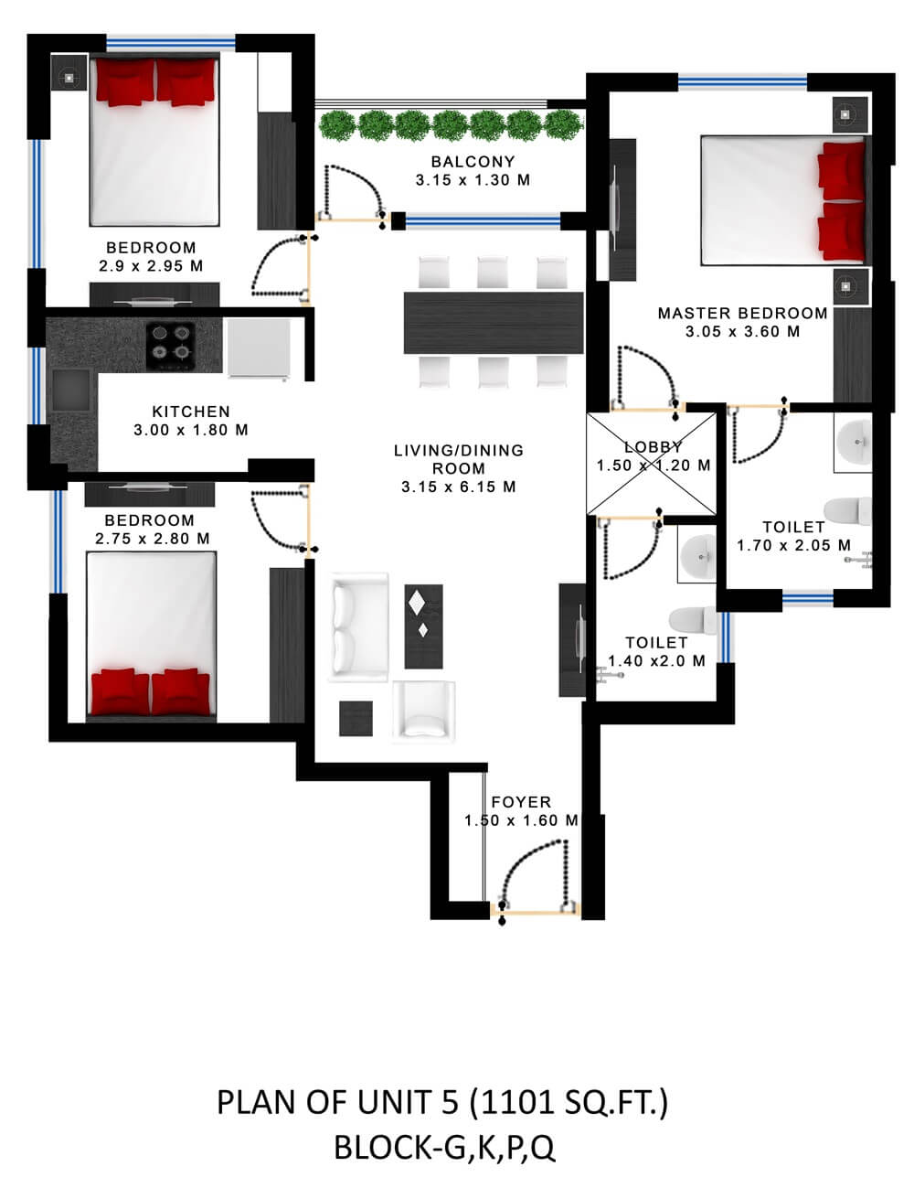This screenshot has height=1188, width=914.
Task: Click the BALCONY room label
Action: point(473,162)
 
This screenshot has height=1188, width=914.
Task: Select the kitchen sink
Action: point(71,390)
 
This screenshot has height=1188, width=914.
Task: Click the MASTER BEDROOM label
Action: point(742,314)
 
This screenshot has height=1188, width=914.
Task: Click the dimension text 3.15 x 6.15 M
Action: point(458,487)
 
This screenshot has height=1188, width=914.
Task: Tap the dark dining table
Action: point(493,323)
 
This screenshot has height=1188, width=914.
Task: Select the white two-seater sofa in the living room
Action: point(358,627)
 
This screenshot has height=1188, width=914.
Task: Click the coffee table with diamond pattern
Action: point(423,626)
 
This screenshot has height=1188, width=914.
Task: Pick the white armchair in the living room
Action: point(423,712)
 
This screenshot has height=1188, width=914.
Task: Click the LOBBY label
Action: point(653,447)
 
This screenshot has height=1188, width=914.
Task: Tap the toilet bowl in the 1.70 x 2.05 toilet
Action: point(847,510)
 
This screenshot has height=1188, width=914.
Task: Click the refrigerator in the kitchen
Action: point(259,348)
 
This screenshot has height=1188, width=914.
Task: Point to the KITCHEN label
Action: point(191,412)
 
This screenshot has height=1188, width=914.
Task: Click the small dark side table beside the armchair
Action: point(356,718)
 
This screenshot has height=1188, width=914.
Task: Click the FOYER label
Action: point(521,802)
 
